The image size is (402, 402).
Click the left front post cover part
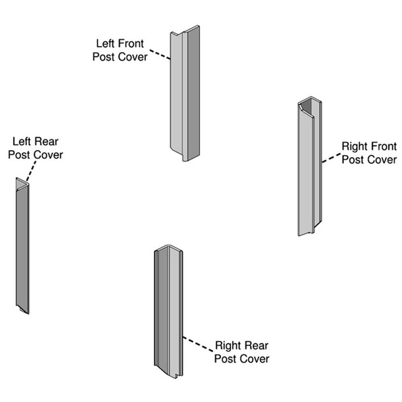[x=185, y=92]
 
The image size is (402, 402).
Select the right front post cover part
[x=310, y=169]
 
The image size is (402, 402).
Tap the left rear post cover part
[x=23, y=245]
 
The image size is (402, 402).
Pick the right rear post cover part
[x=169, y=314]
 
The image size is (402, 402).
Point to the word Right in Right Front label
[x=355, y=146]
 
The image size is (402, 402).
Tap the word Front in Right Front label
[x=383, y=146]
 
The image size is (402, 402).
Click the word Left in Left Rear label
[x=22, y=142]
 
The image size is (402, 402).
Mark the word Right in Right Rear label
[x=228, y=345]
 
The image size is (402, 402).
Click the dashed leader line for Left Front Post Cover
[x=160, y=55]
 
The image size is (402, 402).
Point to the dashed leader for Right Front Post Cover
[x=330, y=158]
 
